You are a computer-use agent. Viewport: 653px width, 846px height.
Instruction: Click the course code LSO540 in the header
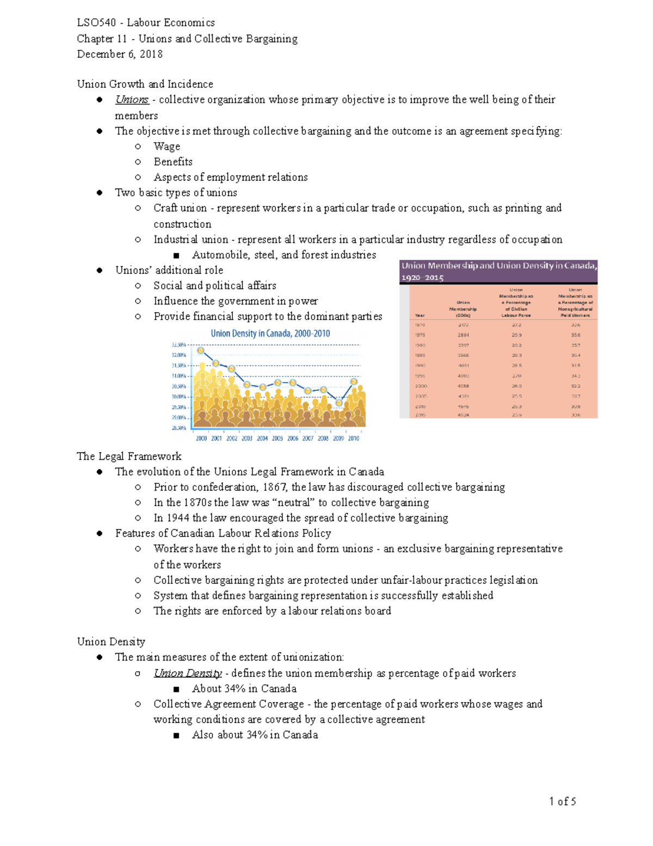[96, 23]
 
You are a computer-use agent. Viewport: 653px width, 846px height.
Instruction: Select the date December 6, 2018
[120, 54]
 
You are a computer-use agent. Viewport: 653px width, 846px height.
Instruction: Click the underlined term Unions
[132, 100]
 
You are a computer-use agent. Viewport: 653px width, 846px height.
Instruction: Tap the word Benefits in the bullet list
[173, 162]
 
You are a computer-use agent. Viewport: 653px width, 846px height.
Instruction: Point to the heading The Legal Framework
[129, 457]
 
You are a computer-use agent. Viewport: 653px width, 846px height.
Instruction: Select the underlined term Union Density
[188, 673]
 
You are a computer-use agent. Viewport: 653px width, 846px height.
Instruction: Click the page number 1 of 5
[562, 801]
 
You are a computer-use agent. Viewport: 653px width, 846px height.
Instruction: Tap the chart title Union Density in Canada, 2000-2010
[270, 333]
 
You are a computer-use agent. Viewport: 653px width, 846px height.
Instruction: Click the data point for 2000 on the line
[201, 351]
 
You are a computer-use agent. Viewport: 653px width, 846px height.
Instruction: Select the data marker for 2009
[339, 403]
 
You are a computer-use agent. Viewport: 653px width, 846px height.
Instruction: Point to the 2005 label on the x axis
[278, 439]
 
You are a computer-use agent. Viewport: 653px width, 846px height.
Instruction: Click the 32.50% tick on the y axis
[178, 345]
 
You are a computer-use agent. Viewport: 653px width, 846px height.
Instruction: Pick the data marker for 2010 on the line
[354, 382]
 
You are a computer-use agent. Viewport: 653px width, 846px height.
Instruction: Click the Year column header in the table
[420, 315]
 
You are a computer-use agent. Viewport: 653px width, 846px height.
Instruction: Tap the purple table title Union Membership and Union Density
[498, 271]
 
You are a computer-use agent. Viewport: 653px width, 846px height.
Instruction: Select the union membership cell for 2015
[463, 415]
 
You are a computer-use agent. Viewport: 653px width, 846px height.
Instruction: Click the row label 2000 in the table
[421, 386]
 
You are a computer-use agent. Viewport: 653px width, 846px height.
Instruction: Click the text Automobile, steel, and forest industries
[284, 255]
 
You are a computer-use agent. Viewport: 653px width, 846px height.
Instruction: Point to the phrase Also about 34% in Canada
[255, 735]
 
